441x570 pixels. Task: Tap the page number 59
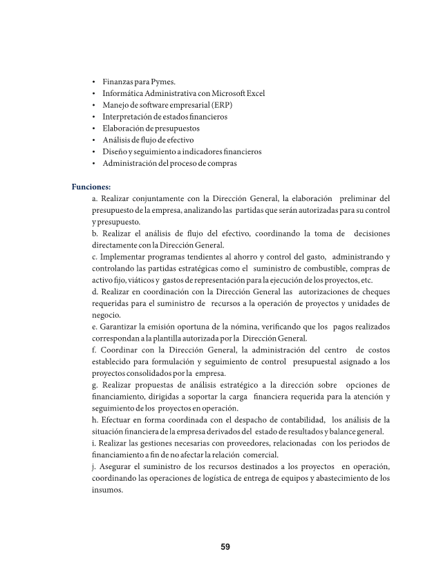click(225, 547)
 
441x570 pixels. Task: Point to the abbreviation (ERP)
click(220, 105)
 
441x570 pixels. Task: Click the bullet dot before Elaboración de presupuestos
click(93, 129)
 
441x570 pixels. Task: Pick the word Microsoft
click(221, 93)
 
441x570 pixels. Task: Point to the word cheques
click(373, 292)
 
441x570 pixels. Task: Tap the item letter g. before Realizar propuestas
click(94, 384)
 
